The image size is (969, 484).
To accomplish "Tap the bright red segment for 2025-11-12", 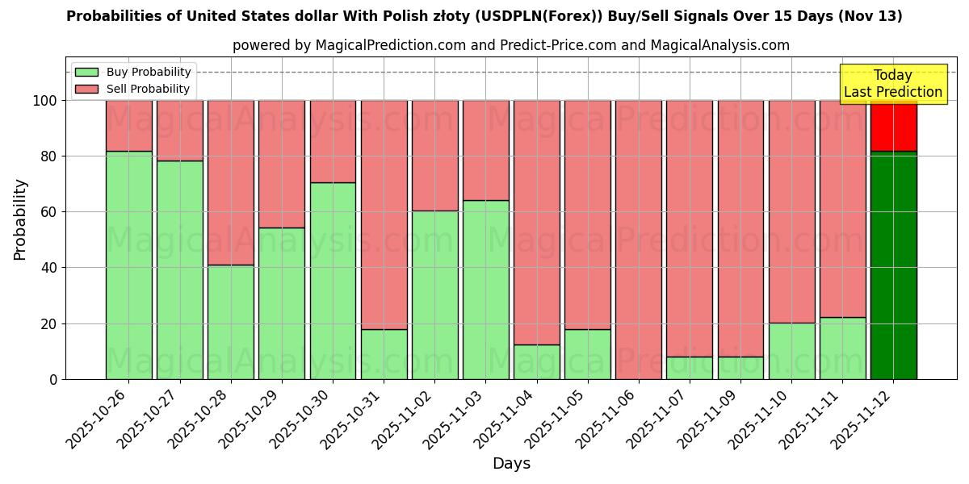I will tap(893, 126).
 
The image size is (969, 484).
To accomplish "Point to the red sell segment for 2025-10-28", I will tap(231, 182).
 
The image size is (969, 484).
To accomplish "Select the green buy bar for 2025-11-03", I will tap(485, 290).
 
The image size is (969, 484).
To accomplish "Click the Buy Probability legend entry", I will tap(133, 72).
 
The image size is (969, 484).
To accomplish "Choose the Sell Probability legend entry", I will tap(133, 89).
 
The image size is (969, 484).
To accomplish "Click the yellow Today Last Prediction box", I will tap(893, 84).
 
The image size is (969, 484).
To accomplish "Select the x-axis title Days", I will tap(511, 464).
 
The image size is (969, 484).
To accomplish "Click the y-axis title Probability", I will tap(20, 219).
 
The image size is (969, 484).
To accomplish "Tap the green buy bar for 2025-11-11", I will tap(842, 348).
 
